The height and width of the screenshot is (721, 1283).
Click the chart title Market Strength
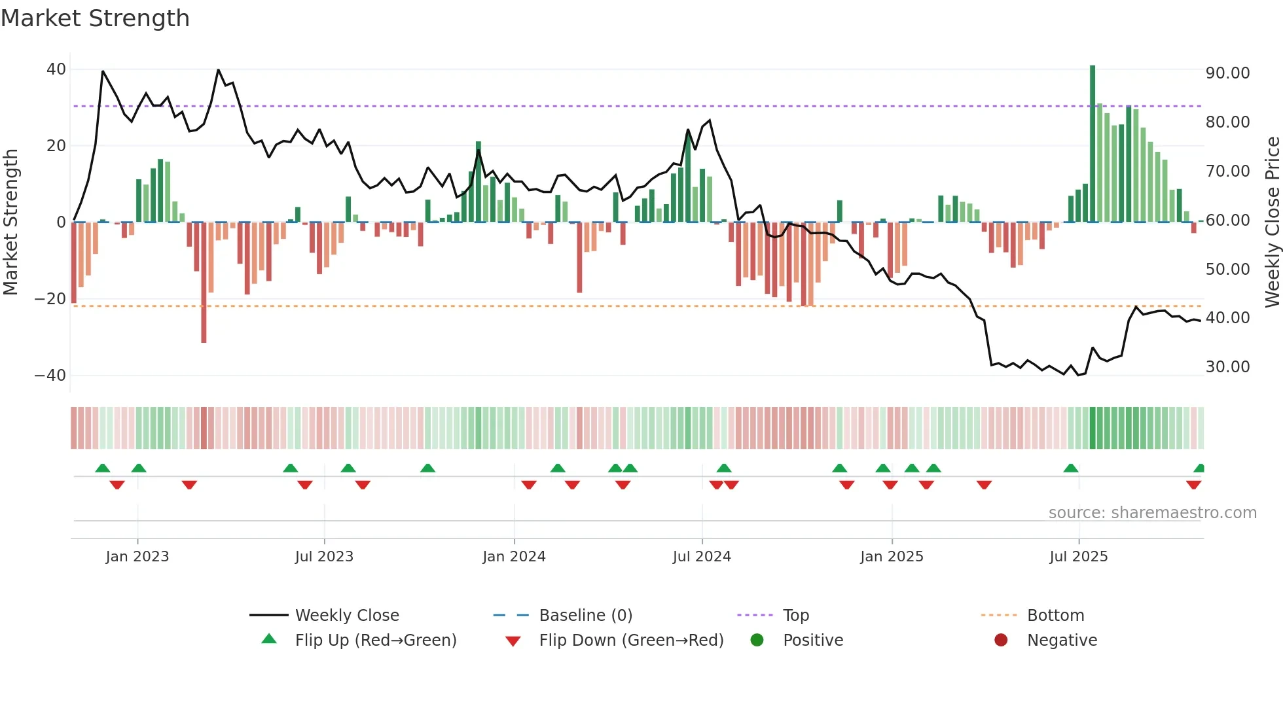95,18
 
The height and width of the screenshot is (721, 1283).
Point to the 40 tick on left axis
56,69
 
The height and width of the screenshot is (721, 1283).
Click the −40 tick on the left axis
50,376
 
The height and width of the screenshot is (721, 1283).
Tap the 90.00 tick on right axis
1227,73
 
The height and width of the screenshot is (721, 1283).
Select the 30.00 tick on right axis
1227,367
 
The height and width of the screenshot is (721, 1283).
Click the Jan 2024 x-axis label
514,557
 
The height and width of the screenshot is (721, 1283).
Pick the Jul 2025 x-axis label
1078,557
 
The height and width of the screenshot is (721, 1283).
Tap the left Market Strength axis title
11,222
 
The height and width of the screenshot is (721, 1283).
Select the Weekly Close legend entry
346,616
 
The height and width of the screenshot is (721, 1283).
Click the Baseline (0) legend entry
585,616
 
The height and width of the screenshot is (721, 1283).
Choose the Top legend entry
795,616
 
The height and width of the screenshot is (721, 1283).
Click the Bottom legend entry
1055,616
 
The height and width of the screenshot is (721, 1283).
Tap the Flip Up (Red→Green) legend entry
375,641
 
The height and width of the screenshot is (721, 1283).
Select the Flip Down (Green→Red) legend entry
631,641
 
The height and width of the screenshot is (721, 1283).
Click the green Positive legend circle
757,641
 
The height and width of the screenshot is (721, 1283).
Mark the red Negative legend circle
1001,641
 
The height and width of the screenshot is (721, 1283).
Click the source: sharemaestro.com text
1152,513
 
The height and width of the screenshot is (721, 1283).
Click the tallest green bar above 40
1093,144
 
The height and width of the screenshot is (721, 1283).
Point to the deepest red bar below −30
204,281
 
